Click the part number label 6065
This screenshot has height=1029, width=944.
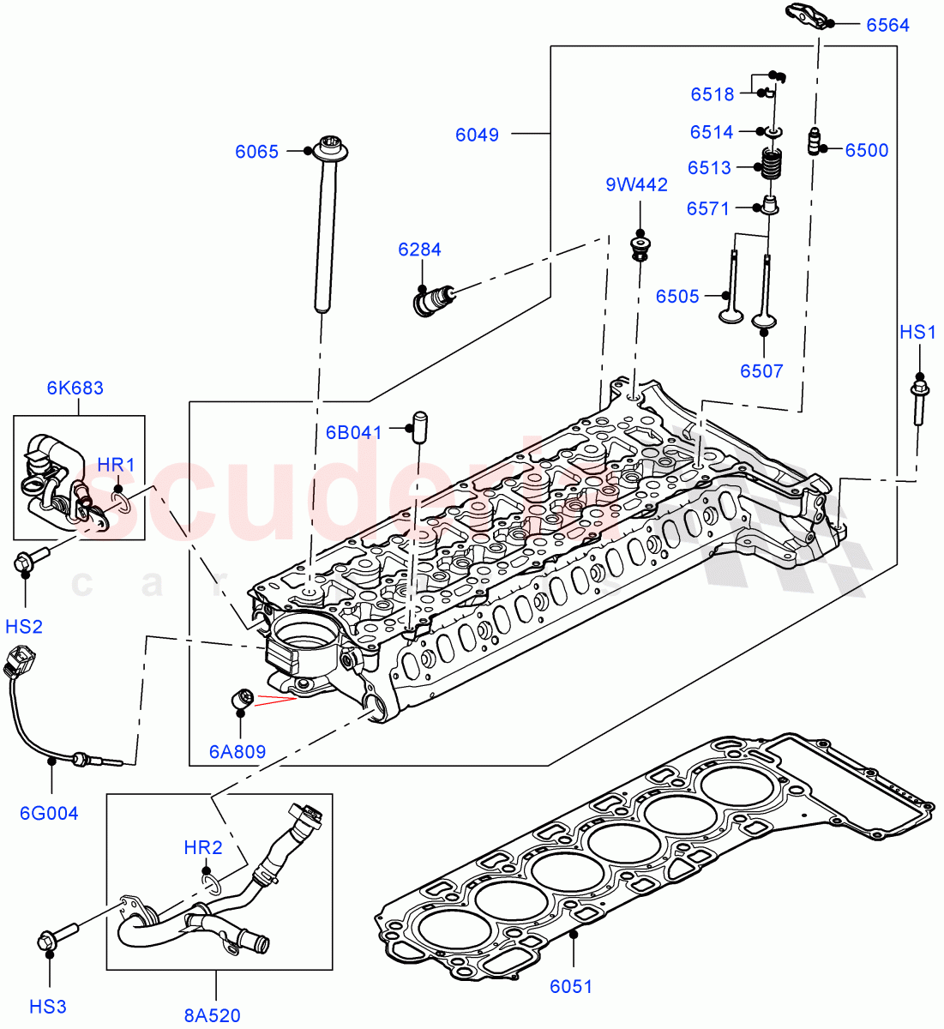(x=256, y=152)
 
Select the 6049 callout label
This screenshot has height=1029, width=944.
(x=477, y=134)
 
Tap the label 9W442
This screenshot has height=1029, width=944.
(x=636, y=184)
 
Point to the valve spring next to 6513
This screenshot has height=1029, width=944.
(x=773, y=165)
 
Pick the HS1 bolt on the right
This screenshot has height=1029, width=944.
(x=918, y=400)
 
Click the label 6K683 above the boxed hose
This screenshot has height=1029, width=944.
(x=75, y=388)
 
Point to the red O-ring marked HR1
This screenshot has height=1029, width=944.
(x=120, y=500)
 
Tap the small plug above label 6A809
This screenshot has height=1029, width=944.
(x=241, y=699)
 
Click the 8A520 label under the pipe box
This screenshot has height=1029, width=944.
(x=212, y=1016)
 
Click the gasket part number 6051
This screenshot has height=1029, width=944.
(x=570, y=986)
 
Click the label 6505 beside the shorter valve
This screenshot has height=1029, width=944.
(x=677, y=296)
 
